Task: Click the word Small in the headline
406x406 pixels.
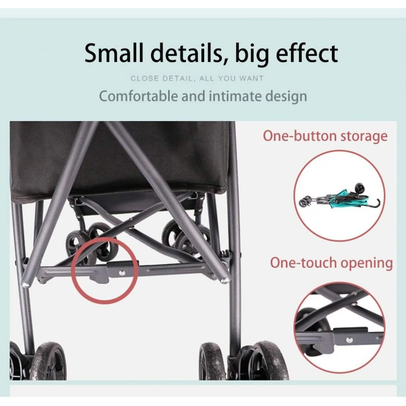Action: (x=114, y=53)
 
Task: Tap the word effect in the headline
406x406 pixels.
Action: (x=307, y=53)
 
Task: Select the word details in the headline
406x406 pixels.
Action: (x=186, y=53)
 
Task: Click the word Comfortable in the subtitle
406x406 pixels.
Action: (x=138, y=96)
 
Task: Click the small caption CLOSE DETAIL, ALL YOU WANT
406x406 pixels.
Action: (x=197, y=78)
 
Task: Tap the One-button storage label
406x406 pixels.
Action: (x=325, y=136)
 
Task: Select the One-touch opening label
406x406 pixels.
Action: (x=331, y=263)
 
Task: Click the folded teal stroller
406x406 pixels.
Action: (x=339, y=197)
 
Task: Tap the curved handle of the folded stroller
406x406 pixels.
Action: (x=374, y=204)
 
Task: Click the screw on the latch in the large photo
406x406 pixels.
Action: (x=122, y=273)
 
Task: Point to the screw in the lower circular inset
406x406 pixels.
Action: (x=349, y=340)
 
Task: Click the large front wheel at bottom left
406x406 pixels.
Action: (x=48, y=361)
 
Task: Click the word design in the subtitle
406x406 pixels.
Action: (x=286, y=97)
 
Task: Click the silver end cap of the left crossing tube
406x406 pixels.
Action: (x=25, y=285)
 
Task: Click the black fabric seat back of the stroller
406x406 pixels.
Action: (x=119, y=158)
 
